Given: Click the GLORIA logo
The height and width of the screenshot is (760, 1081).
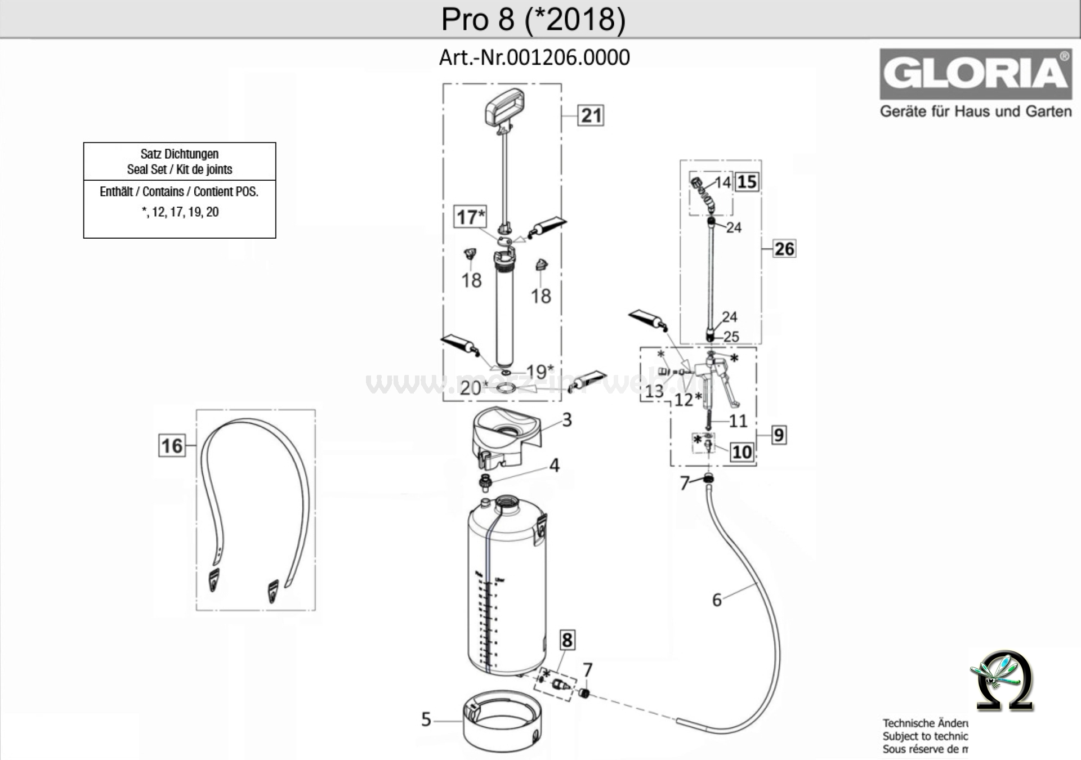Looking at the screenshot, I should click(976, 74).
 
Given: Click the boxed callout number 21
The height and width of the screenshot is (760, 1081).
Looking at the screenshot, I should click(591, 115).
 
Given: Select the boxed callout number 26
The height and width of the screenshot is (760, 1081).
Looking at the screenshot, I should click(784, 249).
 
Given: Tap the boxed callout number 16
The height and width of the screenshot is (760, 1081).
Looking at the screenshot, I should click(172, 446).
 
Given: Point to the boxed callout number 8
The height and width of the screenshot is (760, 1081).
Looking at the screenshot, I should click(567, 640).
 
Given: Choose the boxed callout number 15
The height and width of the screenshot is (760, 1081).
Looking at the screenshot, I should click(747, 182).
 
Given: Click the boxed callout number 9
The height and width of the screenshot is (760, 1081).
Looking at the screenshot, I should click(779, 435).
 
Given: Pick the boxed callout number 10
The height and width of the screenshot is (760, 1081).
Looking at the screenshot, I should click(741, 452).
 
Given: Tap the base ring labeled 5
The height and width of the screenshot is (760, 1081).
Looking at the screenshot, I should click(502, 726).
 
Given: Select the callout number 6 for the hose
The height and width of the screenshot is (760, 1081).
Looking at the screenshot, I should click(717, 600).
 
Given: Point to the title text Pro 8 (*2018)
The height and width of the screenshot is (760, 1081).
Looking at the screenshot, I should click(533, 19).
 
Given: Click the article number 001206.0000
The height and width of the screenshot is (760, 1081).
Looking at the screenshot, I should click(568, 57).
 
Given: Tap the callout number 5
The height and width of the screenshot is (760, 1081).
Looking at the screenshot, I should click(426, 719).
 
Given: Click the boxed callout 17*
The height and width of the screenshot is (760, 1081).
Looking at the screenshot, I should click(471, 217).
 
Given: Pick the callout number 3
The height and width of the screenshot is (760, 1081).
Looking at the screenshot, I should click(567, 420).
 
